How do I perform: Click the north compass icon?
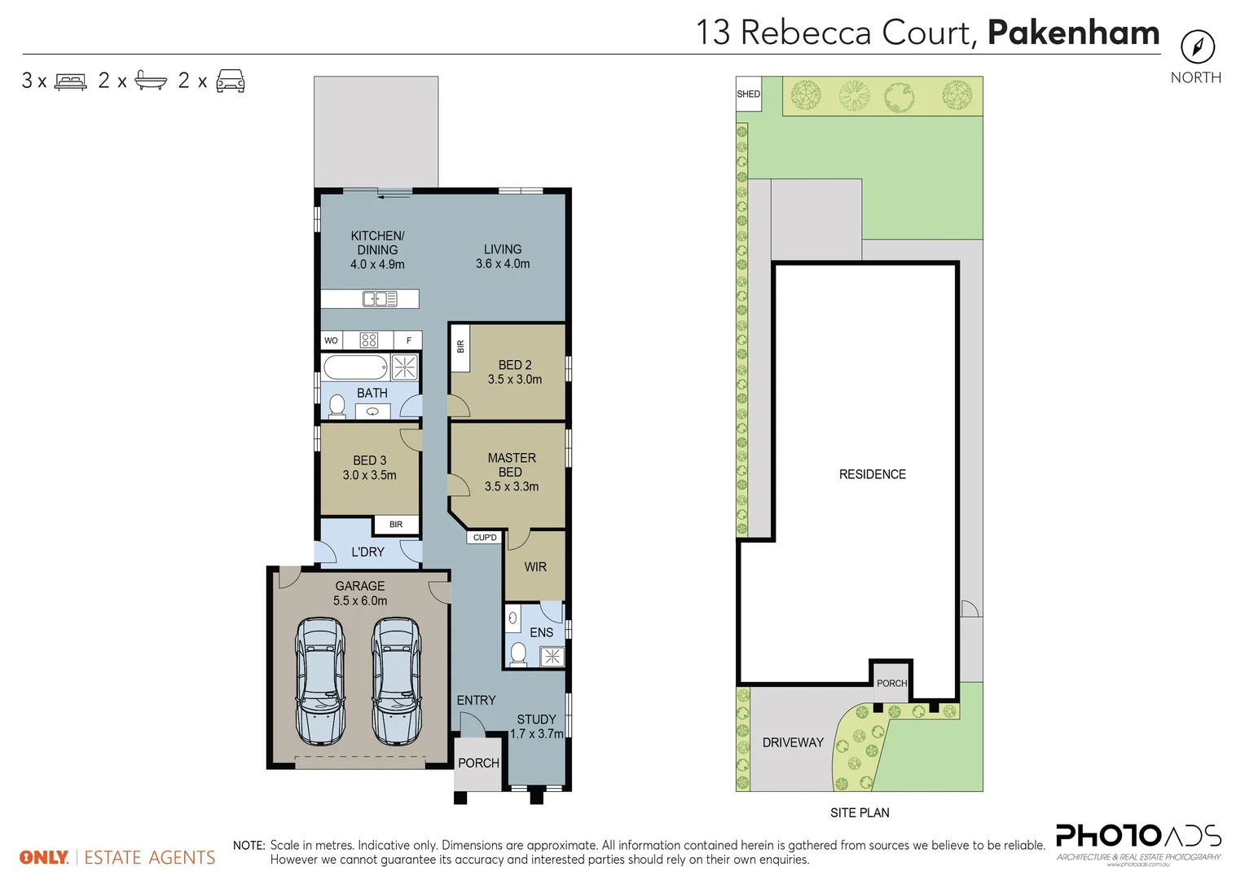[1197, 46]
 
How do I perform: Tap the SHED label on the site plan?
[748, 94]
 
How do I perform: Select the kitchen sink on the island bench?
[379, 299]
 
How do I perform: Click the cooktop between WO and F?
[369, 341]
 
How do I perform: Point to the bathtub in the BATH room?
[356, 367]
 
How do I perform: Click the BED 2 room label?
[515, 365]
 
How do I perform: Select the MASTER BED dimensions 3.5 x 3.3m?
[511, 486]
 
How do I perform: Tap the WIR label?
[535, 567]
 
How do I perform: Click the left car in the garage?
[320, 681]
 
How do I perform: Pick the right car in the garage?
[396, 681]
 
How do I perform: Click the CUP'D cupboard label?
[485, 538]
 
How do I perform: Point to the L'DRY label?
[367, 552]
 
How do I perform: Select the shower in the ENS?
[552, 657]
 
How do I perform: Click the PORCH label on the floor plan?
[478, 763]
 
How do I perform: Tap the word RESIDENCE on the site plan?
[872, 474]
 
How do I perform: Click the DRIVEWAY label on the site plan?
[793, 742]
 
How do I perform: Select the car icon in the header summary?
[231, 81]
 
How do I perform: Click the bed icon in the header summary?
[71, 81]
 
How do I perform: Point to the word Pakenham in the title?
[1073, 33]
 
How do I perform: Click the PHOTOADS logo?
[1137, 838]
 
